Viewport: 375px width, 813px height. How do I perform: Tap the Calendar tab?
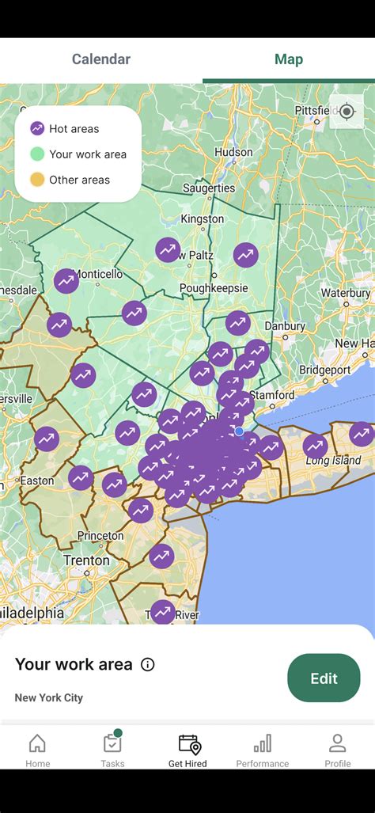click(101, 59)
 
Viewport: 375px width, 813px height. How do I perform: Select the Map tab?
click(289, 59)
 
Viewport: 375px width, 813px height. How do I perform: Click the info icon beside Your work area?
click(148, 665)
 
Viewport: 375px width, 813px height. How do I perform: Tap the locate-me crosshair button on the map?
click(347, 112)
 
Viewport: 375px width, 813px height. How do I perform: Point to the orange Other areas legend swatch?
click(37, 180)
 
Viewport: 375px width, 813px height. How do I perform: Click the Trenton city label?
click(87, 560)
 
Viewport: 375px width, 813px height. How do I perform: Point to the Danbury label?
click(285, 326)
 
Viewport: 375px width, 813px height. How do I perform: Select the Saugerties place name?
click(209, 188)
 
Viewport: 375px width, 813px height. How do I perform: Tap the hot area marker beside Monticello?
click(66, 280)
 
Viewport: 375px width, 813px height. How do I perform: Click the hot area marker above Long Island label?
click(315, 446)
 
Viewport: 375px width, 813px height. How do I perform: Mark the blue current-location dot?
click(240, 431)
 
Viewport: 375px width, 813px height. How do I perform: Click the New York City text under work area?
click(48, 697)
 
